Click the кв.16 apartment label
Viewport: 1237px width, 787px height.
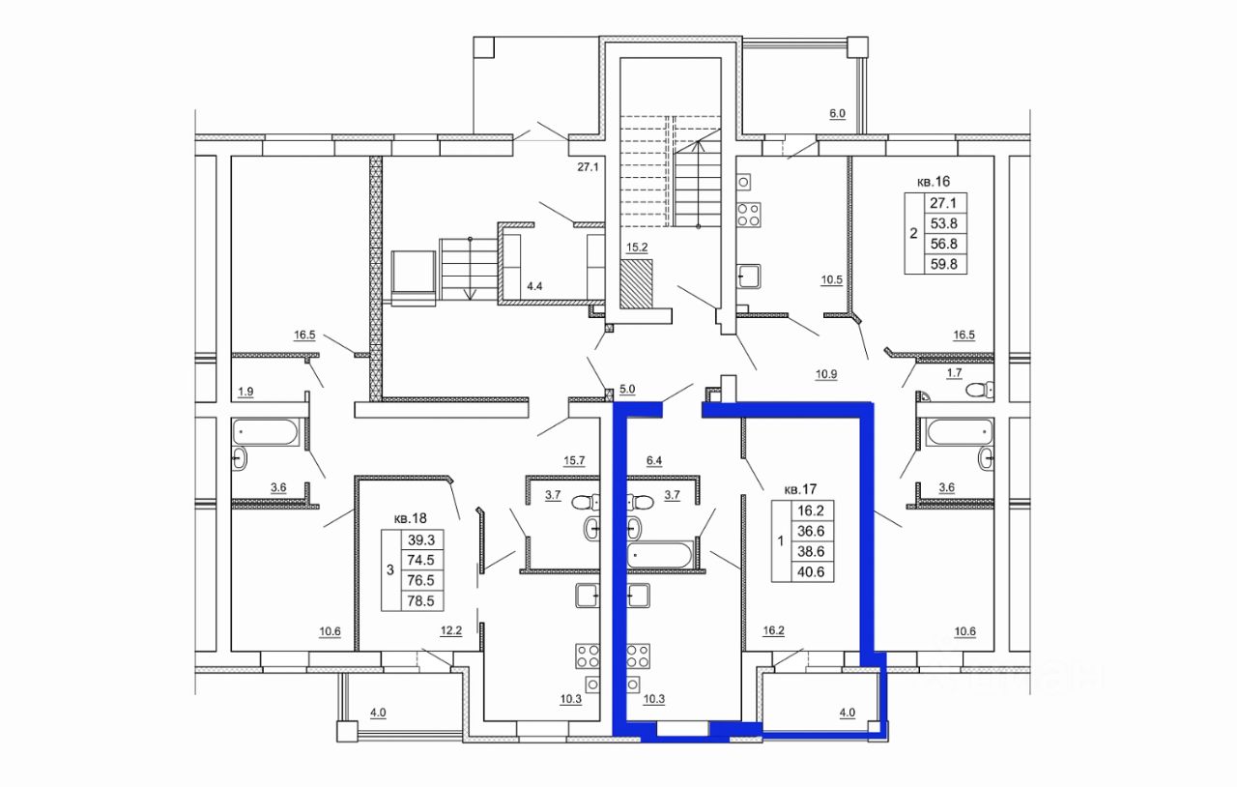click(934, 181)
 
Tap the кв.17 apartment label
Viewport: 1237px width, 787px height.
click(801, 489)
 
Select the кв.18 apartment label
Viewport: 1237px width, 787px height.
click(411, 518)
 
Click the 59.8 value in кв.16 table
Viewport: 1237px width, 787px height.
click(944, 264)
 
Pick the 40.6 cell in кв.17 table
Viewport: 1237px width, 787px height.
click(811, 572)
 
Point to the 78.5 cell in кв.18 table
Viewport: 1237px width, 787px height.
click(420, 600)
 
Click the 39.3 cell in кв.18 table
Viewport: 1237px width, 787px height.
click(420, 539)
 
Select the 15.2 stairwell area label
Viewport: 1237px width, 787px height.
click(637, 248)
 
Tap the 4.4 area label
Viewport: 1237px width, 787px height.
click(534, 286)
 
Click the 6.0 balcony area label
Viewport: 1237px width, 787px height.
click(838, 114)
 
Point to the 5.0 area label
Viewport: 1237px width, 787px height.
click(627, 389)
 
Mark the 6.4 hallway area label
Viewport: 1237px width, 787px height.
click(654, 460)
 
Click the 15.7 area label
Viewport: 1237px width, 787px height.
click(574, 460)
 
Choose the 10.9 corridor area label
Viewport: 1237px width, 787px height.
click(826, 374)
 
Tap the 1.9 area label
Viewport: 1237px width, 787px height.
click(245, 392)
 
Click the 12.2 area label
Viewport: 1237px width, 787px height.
click(451, 630)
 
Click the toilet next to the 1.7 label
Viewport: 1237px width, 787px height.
click(980, 391)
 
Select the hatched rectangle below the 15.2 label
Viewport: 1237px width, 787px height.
click(636, 283)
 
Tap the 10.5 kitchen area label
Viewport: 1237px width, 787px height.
click(832, 279)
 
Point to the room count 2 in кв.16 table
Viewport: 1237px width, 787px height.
click(913, 233)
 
